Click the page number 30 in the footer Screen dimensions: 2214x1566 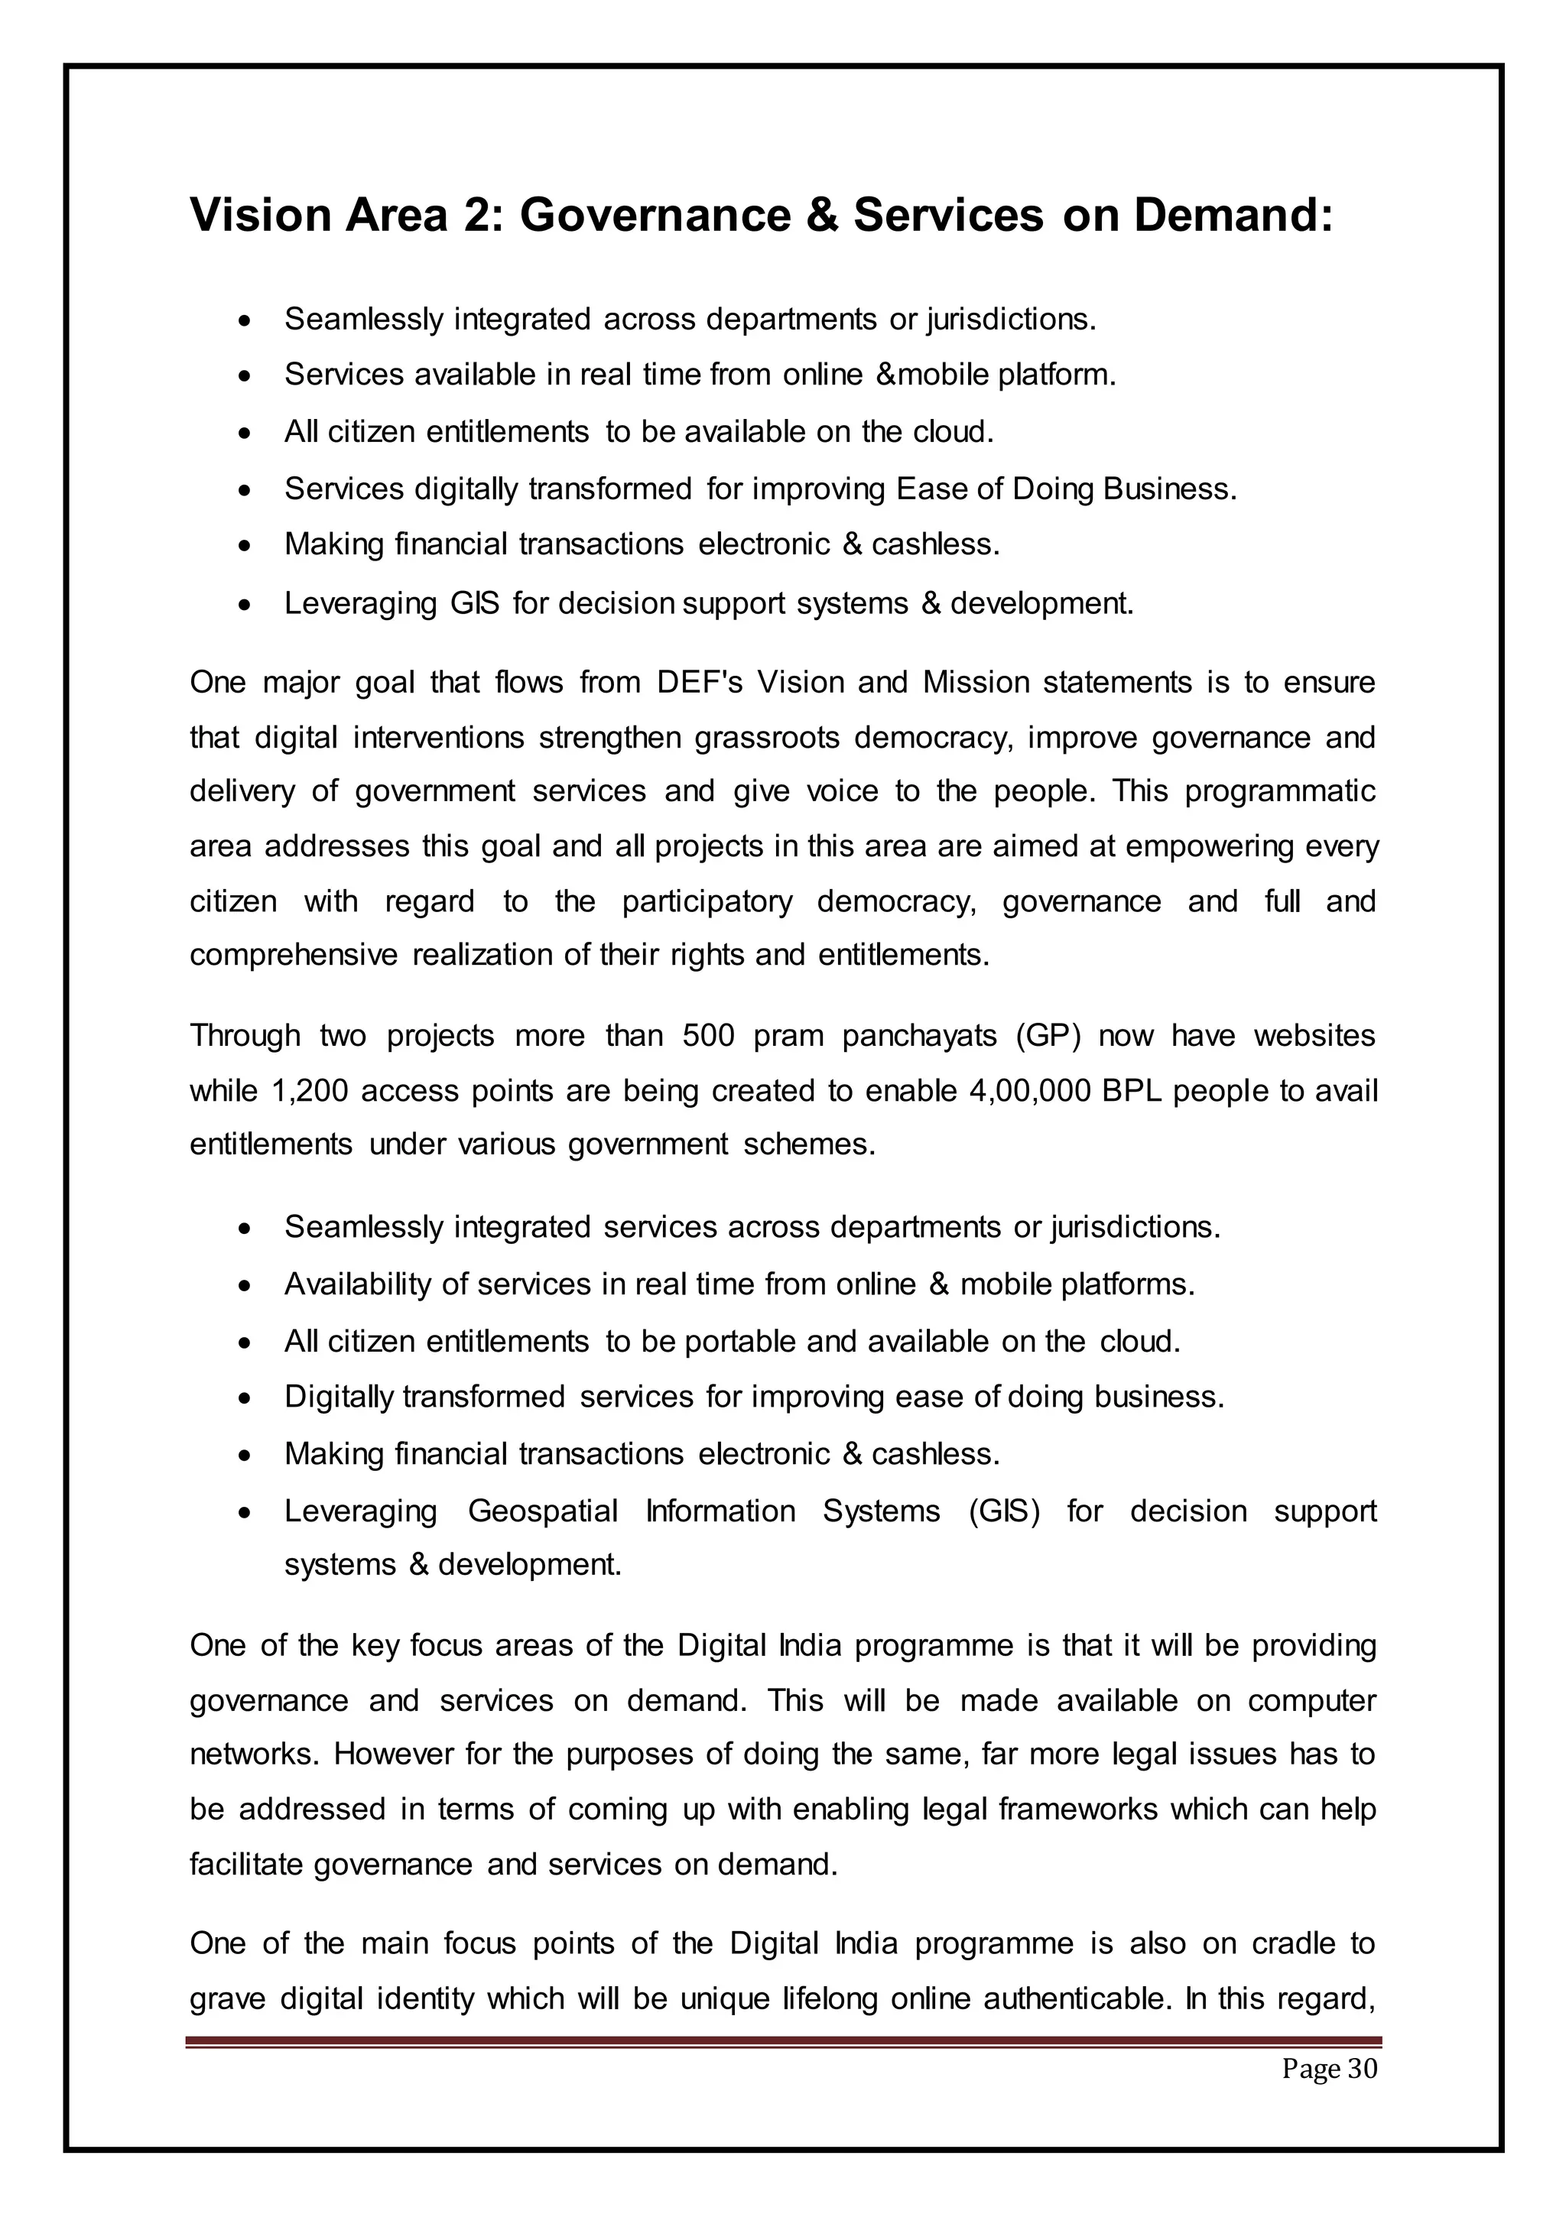(1362, 2070)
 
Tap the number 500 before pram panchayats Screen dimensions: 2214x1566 (709, 1037)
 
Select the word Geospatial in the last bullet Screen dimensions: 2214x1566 (543, 1511)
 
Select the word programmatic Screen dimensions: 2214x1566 (1279, 792)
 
